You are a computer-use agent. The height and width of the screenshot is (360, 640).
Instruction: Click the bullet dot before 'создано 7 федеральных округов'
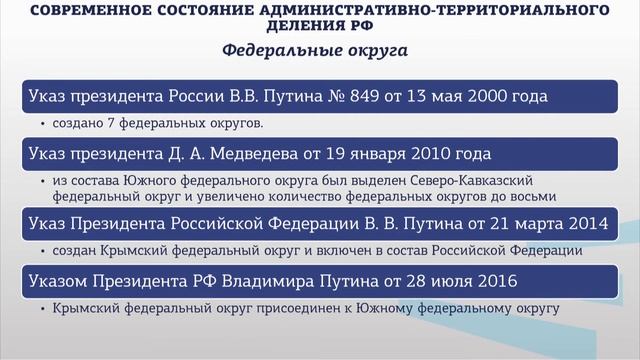point(43,125)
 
